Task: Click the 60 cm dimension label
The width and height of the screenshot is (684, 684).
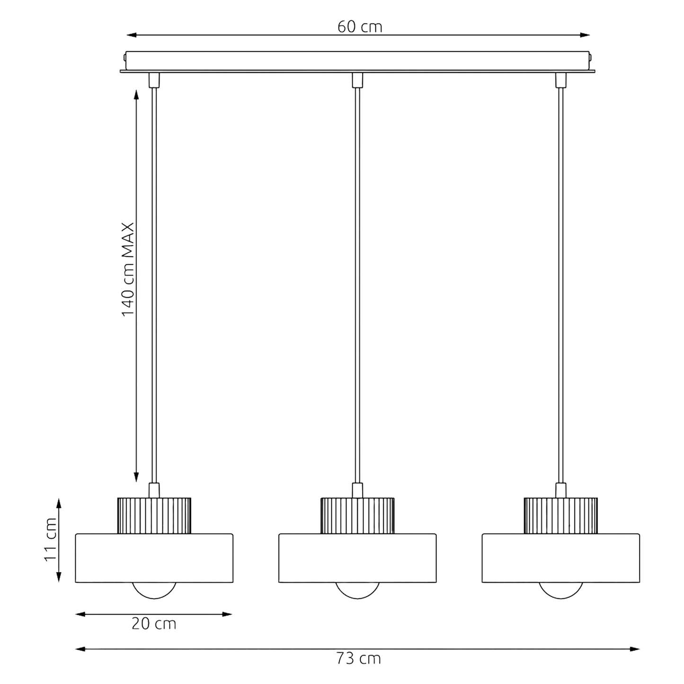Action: coord(360,27)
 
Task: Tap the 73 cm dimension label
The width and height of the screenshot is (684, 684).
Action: coord(358,668)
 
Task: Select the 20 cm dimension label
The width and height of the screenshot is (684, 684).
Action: coord(154,624)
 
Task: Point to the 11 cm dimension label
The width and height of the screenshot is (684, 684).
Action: coord(50,540)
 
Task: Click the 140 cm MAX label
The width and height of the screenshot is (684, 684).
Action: coord(128,269)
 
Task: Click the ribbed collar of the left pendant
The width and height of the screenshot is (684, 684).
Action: coord(154,516)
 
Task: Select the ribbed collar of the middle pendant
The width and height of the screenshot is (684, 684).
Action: coord(357,516)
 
